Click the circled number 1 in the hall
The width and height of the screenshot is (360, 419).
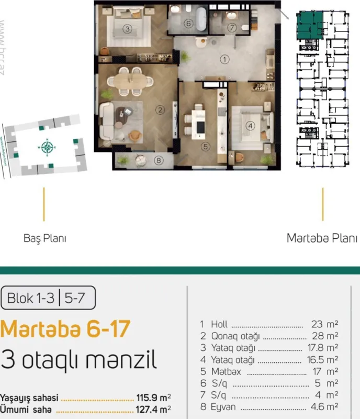[x=224, y=59]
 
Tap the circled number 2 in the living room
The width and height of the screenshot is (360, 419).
[x=161, y=109]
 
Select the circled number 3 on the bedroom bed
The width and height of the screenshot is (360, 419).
[x=127, y=29]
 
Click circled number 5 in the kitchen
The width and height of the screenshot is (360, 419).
[x=206, y=147]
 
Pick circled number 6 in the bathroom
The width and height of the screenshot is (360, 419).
[x=188, y=24]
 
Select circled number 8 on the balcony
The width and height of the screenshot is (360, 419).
[x=159, y=161]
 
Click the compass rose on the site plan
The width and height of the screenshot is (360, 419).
[x=48, y=148]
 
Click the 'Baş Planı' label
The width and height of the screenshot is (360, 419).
[x=45, y=238]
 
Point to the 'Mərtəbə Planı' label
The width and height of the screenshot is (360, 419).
[x=318, y=238]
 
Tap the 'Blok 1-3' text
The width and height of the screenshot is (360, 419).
[x=30, y=299]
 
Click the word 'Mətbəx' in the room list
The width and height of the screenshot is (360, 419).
[x=226, y=372]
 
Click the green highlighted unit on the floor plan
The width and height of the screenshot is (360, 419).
[x=307, y=25]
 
